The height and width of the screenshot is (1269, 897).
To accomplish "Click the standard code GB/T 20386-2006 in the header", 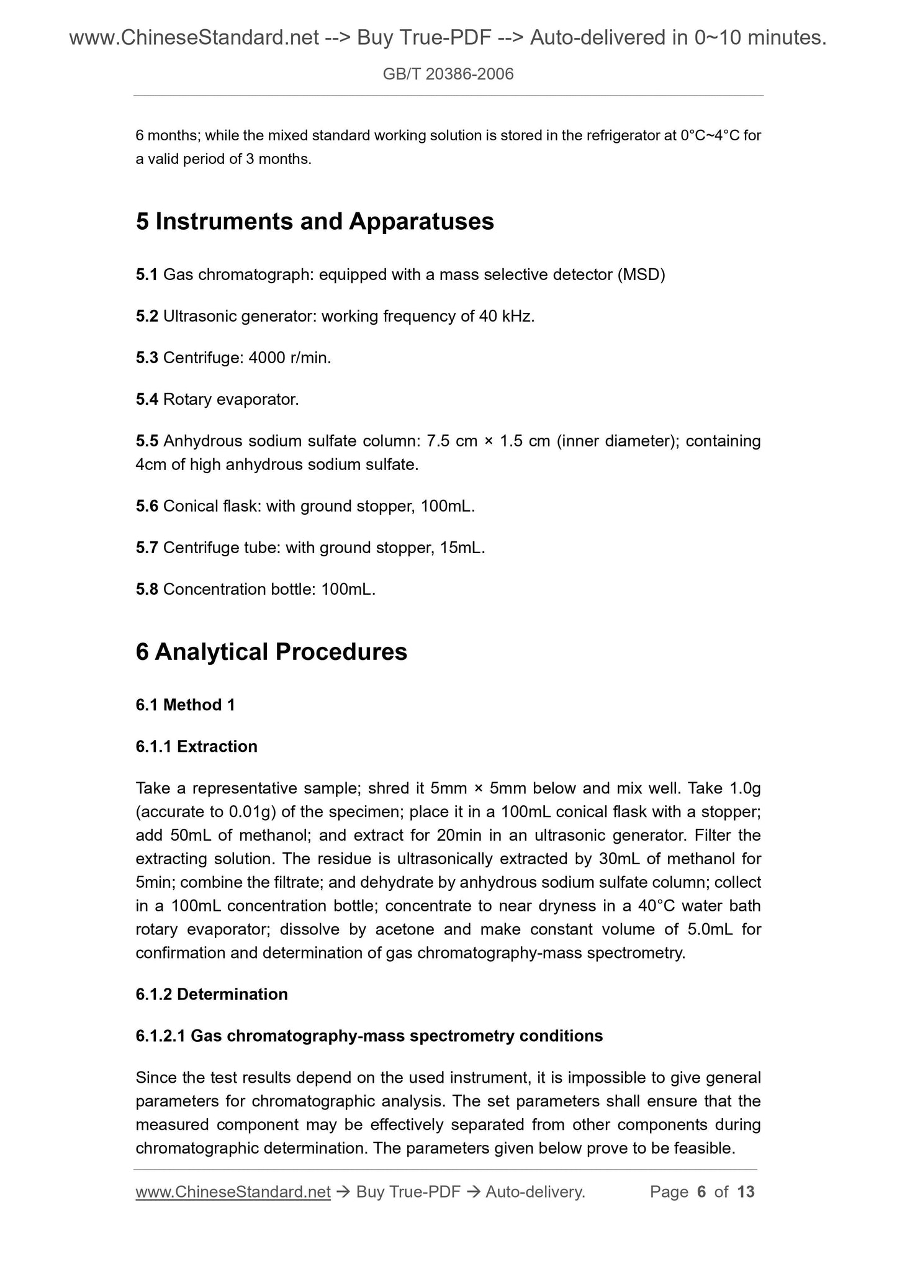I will pos(448,75).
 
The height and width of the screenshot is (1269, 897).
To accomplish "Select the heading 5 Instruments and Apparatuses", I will pos(315,222).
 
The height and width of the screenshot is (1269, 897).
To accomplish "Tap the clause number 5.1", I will pos(146,274).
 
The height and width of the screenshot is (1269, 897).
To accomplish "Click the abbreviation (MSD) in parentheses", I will pos(641,274).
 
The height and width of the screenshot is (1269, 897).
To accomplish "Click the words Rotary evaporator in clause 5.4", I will pos(230,400).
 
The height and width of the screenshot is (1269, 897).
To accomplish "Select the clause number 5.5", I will pos(146,441).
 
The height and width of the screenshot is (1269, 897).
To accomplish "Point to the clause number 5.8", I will pos(146,590).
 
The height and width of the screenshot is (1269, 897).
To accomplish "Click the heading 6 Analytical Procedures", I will pos(271,652).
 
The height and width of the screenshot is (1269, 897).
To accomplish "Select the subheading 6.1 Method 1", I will pos(185,705).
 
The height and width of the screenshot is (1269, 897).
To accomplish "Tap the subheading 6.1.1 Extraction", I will pos(196,747).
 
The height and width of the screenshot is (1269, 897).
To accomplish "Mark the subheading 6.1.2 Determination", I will pos(211,995).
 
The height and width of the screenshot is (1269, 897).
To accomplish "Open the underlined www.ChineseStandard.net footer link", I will pos(233,1191).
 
